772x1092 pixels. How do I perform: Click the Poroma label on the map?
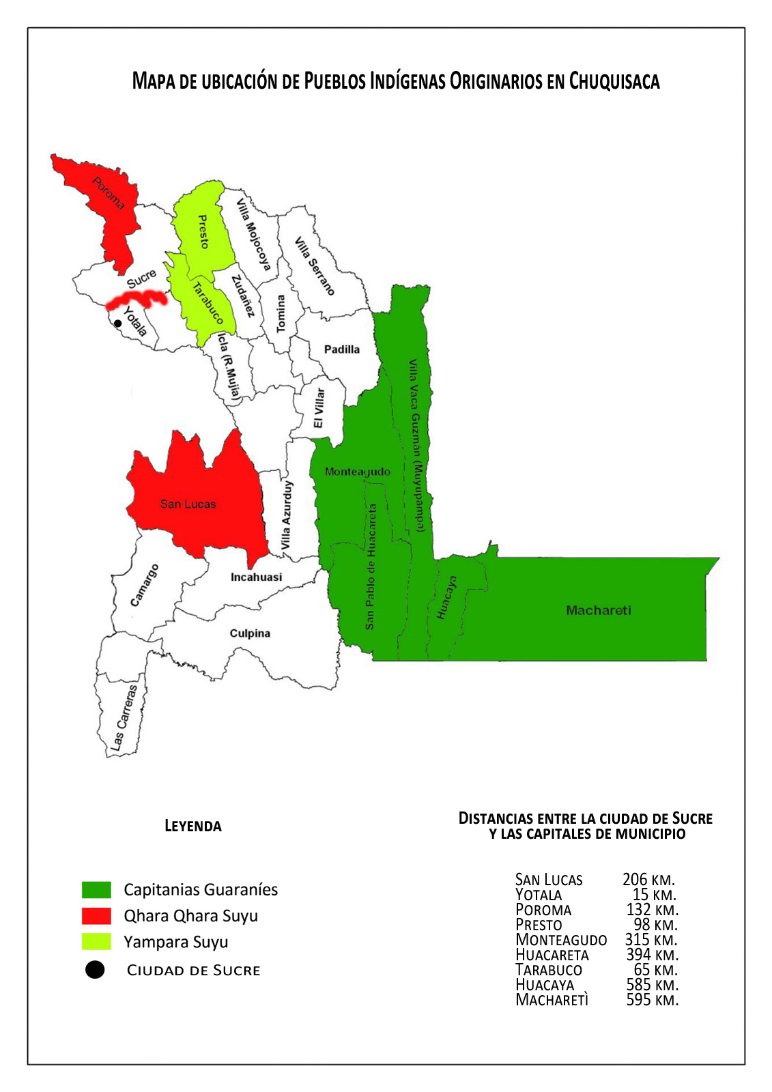109,193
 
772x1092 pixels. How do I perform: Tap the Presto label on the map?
203,231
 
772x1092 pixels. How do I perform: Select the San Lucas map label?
188,504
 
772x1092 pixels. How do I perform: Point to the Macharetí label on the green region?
599,610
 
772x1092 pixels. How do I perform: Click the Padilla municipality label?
341,349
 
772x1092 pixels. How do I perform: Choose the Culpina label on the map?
250,633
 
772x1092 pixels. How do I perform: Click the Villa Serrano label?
315,266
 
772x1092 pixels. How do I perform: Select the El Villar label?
319,408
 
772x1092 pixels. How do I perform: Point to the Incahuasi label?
256,577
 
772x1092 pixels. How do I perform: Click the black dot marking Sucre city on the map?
118,324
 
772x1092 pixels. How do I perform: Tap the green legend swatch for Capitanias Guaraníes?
96,890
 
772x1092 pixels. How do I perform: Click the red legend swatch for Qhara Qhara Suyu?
96,916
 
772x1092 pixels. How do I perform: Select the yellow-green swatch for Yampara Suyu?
96,942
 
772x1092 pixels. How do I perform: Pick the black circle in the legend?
95,970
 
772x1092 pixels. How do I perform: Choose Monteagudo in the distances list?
561,940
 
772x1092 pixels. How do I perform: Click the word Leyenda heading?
193,826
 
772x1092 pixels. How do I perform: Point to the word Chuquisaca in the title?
614,81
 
